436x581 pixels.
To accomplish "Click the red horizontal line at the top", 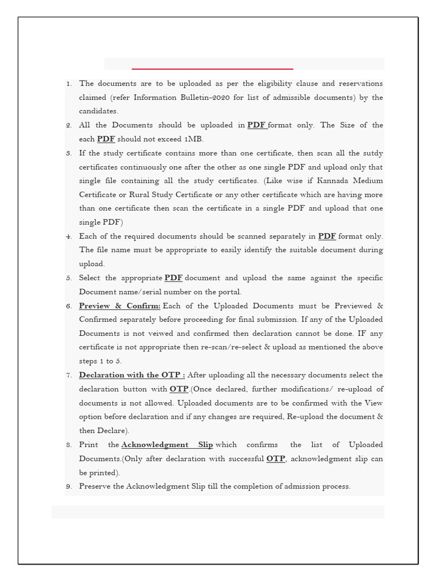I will (212, 69).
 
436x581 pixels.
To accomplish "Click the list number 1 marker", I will (69, 84).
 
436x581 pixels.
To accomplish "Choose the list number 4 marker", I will (69, 237).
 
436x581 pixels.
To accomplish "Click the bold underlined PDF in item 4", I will (327, 236).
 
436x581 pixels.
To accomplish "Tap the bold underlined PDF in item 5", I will (174, 278).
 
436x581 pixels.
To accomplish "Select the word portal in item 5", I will (228, 292).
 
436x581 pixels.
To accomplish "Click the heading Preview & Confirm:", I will (119, 306).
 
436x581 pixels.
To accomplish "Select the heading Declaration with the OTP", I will (131, 375).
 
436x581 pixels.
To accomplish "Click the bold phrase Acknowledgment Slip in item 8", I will (167, 445).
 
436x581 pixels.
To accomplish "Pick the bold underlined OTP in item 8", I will (275, 459).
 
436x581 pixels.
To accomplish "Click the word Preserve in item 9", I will (94, 486).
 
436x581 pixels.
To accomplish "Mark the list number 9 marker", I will (69, 487).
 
